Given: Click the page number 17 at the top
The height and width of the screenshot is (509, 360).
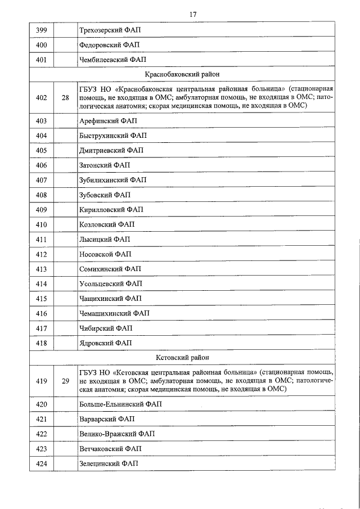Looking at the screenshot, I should [192, 14].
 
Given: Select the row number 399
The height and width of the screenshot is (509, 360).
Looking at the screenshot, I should [41, 29].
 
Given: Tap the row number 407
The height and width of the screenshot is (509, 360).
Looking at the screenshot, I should [41, 180].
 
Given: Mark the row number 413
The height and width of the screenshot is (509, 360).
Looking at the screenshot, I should [41, 269].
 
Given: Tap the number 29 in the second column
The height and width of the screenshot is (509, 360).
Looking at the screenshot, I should [65, 381].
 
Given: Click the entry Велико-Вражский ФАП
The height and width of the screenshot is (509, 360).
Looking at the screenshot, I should [117, 434].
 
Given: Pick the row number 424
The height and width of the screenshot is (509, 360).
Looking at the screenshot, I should [41, 463].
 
